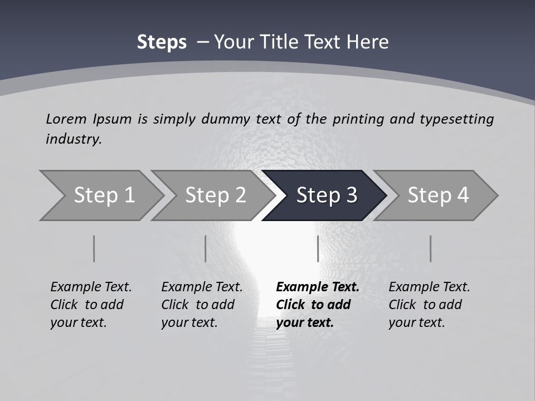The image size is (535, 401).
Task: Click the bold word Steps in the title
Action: pos(162,42)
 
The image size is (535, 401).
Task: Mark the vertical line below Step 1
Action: pos(94,248)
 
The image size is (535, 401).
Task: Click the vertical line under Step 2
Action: pos(206,248)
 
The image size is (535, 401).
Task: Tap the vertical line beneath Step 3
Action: pos(318,248)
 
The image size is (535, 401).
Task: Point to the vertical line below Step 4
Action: pos(430,248)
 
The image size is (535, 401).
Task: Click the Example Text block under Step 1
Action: pos(91,305)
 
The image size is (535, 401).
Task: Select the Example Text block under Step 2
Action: pos(202,305)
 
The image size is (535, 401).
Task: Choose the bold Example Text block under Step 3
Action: pos(318,305)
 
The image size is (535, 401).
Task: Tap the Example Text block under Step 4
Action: pos(429,305)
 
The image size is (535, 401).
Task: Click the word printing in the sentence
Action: pos(357,119)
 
